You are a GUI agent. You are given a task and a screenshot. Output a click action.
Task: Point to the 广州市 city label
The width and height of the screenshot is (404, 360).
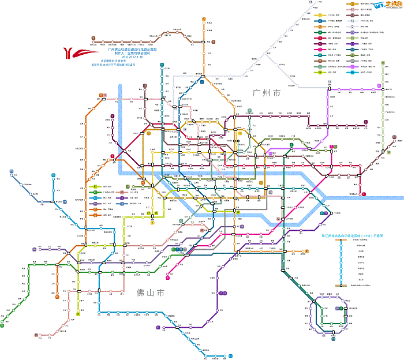pos(266,93)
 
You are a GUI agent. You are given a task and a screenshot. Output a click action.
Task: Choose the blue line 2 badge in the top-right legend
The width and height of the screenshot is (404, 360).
pos(319,21)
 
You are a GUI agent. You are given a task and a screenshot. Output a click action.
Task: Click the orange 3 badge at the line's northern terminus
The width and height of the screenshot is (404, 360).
pos(204,19)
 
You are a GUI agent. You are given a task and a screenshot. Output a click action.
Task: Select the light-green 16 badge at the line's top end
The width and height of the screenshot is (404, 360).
pos(383,62)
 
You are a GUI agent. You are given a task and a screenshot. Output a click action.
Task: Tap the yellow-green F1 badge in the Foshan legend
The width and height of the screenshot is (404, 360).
pos(95,187)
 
